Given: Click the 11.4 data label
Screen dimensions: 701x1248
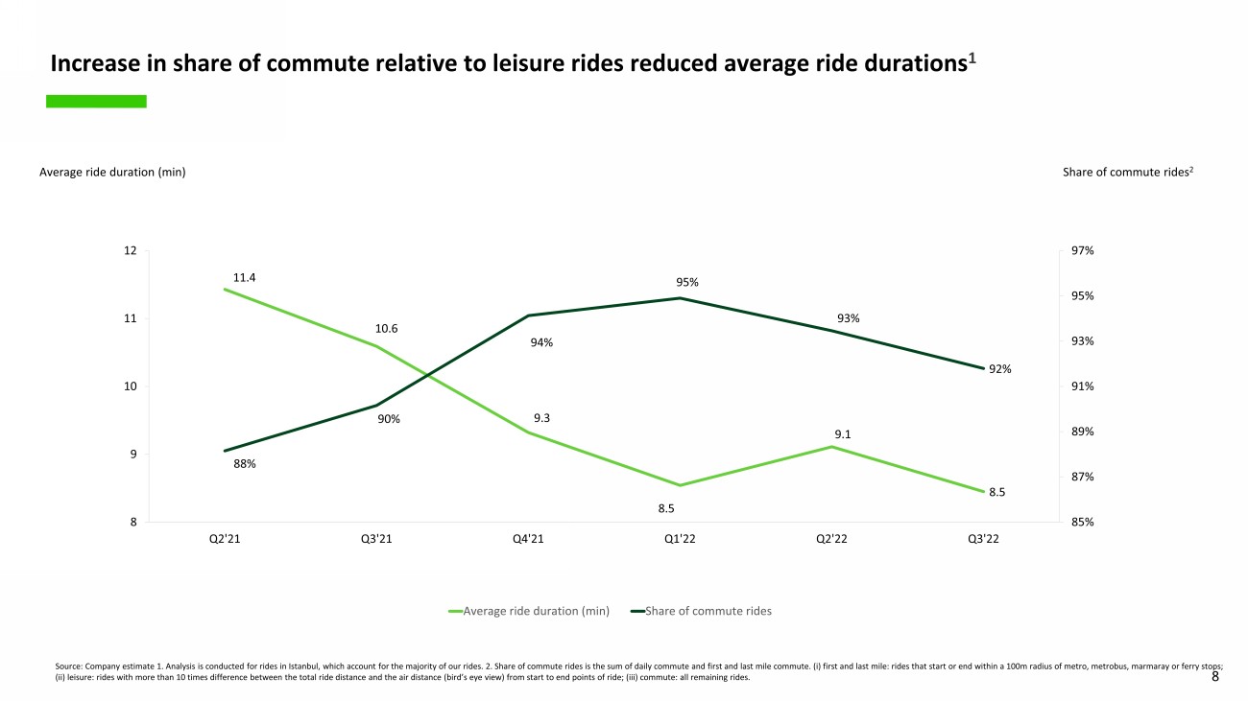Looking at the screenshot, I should (245, 278).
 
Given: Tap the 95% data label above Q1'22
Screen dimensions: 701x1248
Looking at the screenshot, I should (687, 283).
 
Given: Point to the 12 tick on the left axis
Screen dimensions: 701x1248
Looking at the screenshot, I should (130, 251).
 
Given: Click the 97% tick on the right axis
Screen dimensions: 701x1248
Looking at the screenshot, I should (1084, 251).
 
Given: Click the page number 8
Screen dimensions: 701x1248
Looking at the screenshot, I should (1215, 676).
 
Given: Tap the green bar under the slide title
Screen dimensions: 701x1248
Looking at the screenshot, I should (96, 101).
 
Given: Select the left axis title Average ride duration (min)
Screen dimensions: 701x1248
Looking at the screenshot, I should (112, 173).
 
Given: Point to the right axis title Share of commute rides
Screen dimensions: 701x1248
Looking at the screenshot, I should (1127, 173).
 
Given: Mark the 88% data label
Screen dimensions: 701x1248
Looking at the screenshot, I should (245, 464).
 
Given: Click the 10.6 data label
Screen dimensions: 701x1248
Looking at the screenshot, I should (387, 329).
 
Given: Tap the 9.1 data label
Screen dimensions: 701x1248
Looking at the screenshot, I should (844, 434).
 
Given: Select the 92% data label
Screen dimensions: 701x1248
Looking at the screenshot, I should (1000, 369).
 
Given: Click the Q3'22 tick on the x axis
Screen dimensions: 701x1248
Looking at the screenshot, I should (984, 540).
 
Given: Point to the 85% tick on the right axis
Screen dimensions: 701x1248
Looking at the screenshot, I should (1084, 523).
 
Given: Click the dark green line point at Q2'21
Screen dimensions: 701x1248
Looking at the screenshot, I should (225, 451).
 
